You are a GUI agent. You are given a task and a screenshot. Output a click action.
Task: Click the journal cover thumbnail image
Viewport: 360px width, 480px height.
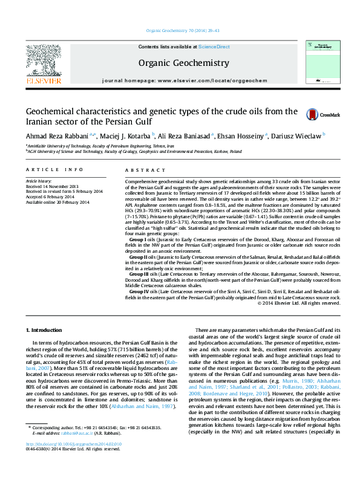click(x=318, y=62)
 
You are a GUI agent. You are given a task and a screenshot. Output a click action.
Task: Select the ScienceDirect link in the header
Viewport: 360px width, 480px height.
click(x=214, y=47)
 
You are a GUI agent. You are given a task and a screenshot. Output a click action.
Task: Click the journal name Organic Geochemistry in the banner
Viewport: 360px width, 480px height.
click(x=184, y=62)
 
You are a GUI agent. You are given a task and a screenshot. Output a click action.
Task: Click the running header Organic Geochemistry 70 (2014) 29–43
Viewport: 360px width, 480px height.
click(x=180, y=31)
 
